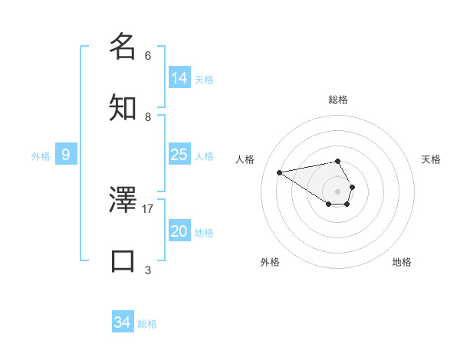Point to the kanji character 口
pos(123,260)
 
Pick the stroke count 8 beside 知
pos(148,116)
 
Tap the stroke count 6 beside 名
pos(148,55)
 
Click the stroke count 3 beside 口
pos(148,270)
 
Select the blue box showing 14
pos(179,78)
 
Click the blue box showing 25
pos(179,155)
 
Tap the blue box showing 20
pos(179,231)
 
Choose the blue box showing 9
pos(66,155)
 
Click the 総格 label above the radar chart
pos(338,100)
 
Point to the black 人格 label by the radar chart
pos(245,159)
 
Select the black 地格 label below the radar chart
pos(402,262)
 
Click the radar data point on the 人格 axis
pos(279,172)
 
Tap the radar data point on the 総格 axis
pos(337,161)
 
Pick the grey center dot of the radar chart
pos(337,191)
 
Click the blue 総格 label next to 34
pos(147,324)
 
